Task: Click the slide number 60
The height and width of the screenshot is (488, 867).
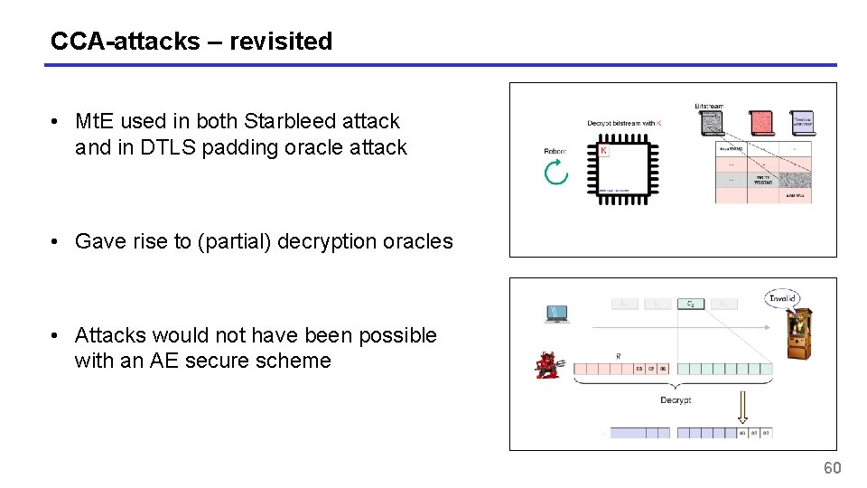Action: pos(832,468)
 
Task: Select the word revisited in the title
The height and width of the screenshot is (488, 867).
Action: pos(281,42)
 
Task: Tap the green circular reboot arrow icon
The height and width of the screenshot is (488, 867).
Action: pos(556,172)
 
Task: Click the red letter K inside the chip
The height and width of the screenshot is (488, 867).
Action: pos(604,150)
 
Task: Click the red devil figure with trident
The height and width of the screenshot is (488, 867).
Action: pos(548,364)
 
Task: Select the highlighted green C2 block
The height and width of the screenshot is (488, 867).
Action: pos(691,305)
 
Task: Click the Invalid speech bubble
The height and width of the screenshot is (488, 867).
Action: pos(781,298)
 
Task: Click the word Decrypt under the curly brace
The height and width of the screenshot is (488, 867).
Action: pos(676,399)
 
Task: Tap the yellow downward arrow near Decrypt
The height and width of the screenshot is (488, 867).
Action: pos(743,407)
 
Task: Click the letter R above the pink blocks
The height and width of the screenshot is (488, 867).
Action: pos(619,356)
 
